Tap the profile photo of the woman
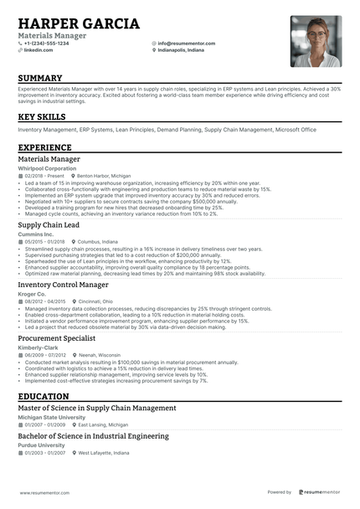(x=316, y=41)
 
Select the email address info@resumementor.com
(x=186, y=43)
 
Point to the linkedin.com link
(x=39, y=50)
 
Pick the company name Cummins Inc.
(x=36, y=234)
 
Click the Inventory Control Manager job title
(x=64, y=285)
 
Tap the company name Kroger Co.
(x=33, y=294)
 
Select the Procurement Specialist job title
(x=57, y=338)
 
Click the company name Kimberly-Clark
(x=39, y=347)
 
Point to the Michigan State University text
(x=51, y=417)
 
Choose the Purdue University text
(x=42, y=445)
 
